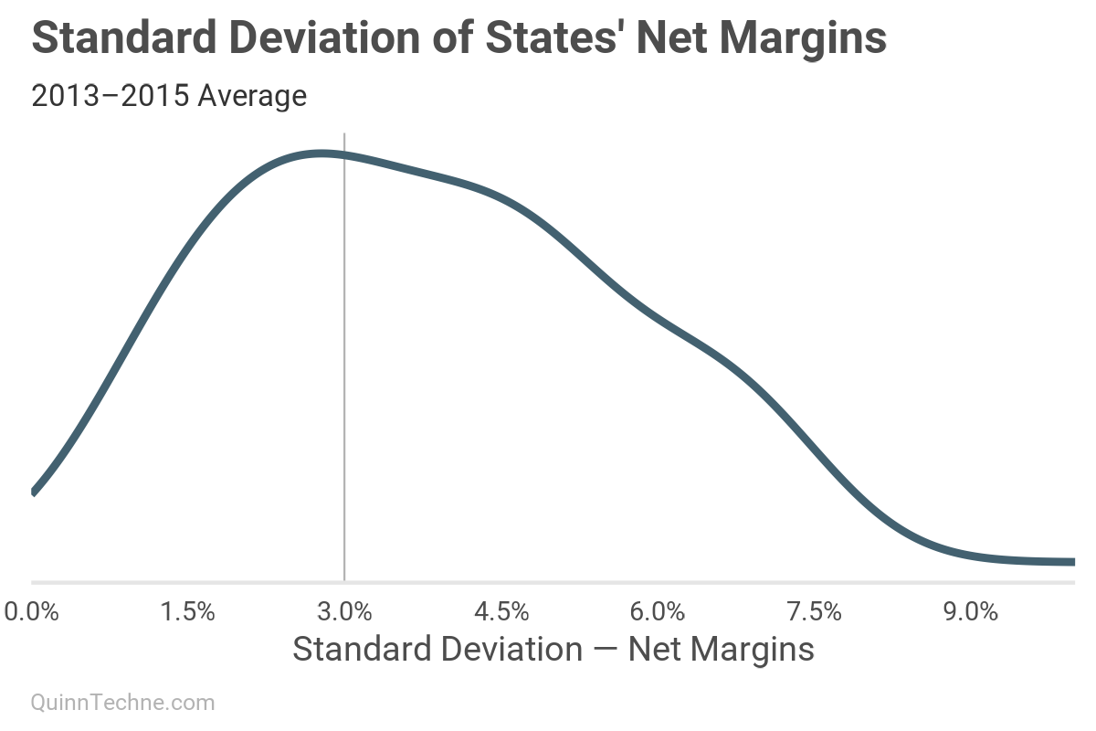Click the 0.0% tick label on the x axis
point(32,611)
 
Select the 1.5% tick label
point(188,611)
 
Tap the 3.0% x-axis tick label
point(344,611)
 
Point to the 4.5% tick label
point(501,611)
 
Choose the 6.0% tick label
point(658,611)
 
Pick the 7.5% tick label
point(814,611)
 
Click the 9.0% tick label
point(970,611)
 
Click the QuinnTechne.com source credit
point(123,703)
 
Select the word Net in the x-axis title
point(651,649)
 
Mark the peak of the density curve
point(321,154)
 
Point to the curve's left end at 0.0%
point(35,491)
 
